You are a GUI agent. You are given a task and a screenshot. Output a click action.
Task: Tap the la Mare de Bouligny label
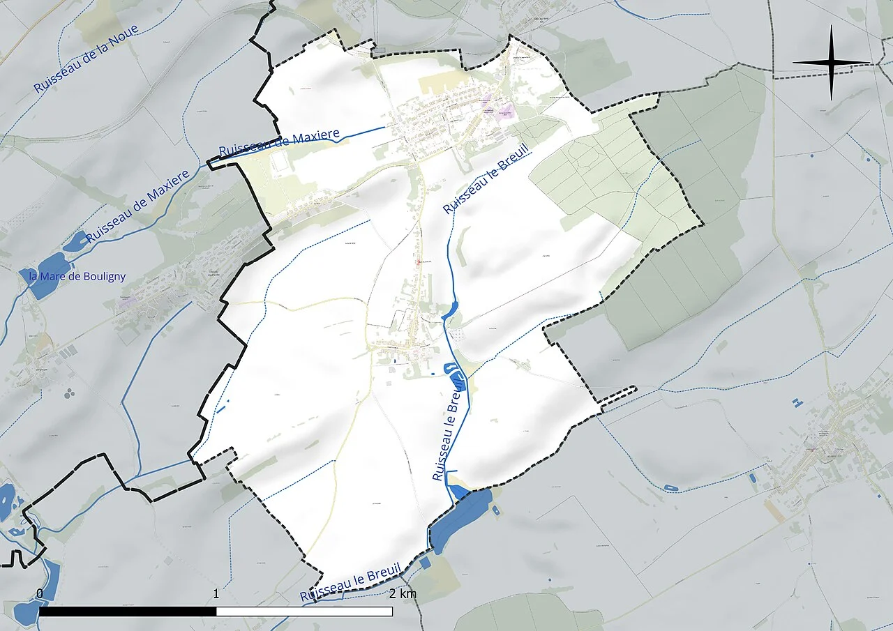(x=77, y=277)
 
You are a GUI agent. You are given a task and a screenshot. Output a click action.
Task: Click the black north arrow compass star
(x=832, y=63)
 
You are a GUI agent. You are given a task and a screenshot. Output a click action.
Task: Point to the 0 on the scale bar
(x=40, y=594)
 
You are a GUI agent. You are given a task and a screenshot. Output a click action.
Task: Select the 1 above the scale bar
(x=216, y=594)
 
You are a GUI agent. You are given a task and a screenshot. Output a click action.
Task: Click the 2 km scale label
(x=403, y=594)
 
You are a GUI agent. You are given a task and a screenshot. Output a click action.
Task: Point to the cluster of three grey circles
(x=69, y=394)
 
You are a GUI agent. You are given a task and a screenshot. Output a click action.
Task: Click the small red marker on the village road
(x=419, y=262)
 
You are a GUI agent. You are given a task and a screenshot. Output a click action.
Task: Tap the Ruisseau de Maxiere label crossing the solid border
(x=279, y=142)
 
